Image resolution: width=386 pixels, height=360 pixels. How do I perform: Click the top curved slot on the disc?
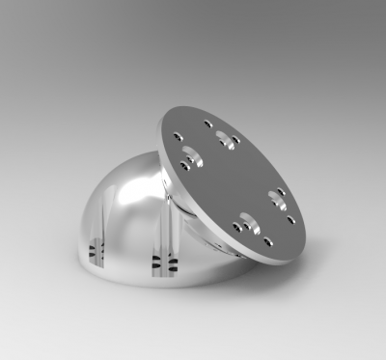[x=225, y=137]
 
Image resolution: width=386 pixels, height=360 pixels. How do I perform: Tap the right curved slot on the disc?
[x=279, y=200]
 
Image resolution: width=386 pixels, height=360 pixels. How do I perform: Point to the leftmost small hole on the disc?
[x=175, y=136]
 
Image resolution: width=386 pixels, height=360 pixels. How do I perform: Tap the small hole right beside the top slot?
[x=236, y=143]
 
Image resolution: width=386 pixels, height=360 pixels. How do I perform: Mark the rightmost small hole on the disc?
[x=292, y=218]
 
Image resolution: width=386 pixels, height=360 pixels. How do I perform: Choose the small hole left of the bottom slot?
[x=234, y=226]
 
